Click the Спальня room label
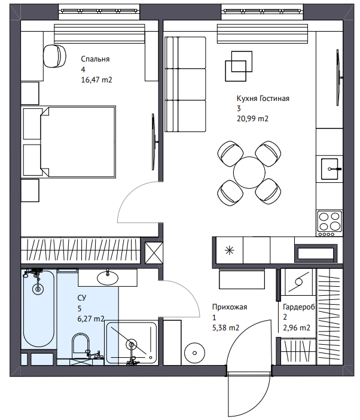coord(95,59)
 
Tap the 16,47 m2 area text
coord(96,80)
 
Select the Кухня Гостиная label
coord(263,99)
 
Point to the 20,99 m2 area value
coord(252,118)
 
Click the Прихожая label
coord(230,307)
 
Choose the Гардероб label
coord(299,307)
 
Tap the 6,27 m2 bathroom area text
coord(91,319)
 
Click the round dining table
coord(249,173)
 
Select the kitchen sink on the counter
coord(330,168)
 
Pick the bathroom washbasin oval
coord(108,278)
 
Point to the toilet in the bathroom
coord(81,346)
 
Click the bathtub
coord(39,309)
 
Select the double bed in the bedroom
coord(78,142)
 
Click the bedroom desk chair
coord(54,56)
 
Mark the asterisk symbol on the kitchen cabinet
coord(230,251)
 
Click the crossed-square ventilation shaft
coord(154,253)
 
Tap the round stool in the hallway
coord(195,352)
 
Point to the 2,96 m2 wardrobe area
coord(297,327)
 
